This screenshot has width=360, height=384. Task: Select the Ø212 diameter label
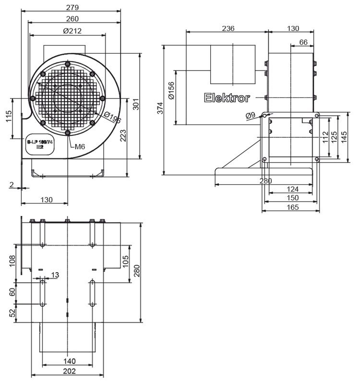[x=72, y=31]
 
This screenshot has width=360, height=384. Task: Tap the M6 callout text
[x=80, y=146]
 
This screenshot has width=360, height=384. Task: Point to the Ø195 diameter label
[x=113, y=118]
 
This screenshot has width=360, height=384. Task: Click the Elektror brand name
[x=227, y=98]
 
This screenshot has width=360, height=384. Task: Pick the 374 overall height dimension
[x=160, y=109]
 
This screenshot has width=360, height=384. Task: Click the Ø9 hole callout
[x=250, y=116]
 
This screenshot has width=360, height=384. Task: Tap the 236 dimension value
[x=228, y=28]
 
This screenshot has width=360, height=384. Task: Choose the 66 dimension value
[x=303, y=42]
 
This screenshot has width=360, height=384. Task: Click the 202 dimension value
[x=70, y=371]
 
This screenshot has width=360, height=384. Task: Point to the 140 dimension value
[x=70, y=361]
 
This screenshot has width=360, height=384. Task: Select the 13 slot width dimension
[x=55, y=275]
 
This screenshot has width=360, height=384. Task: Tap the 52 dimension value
[x=12, y=312]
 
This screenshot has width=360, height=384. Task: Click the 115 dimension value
[x=9, y=116]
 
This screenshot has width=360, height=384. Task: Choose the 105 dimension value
[x=125, y=262]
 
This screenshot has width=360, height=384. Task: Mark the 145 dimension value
[x=344, y=137]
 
